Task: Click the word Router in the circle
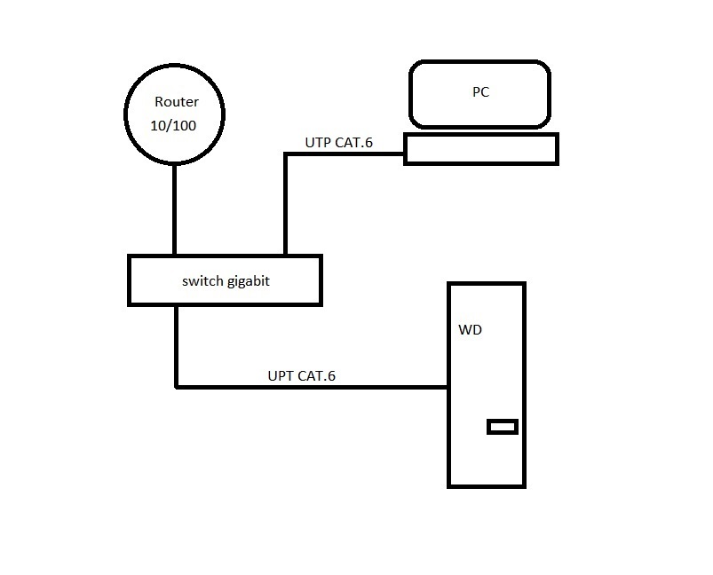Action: (x=176, y=102)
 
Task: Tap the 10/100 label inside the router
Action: (x=173, y=125)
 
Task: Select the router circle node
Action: (x=174, y=114)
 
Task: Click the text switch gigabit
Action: (x=225, y=281)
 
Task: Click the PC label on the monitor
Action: (x=480, y=91)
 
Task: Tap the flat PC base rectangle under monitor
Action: (x=481, y=149)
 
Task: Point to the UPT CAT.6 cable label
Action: (x=302, y=375)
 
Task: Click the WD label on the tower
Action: (x=471, y=330)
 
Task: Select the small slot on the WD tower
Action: (x=503, y=427)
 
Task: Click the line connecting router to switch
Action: (x=174, y=210)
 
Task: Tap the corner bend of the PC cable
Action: (x=285, y=154)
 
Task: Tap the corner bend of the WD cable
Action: (x=177, y=387)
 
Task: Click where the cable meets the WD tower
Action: (x=448, y=387)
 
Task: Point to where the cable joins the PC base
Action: (x=405, y=154)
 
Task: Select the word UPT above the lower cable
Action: (x=281, y=375)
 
